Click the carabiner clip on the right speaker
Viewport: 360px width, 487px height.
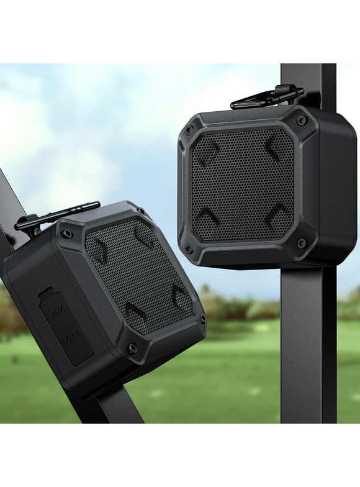(x=267, y=97)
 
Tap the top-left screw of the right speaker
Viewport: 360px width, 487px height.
(x=189, y=130)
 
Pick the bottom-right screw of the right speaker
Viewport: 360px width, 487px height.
(x=301, y=243)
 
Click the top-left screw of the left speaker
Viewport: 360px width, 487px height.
(x=66, y=234)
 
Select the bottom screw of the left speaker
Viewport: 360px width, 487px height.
(x=132, y=348)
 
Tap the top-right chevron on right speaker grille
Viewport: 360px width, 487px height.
(x=274, y=150)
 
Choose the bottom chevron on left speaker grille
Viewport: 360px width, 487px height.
(x=136, y=311)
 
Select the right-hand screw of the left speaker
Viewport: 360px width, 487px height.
(x=203, y=319)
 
